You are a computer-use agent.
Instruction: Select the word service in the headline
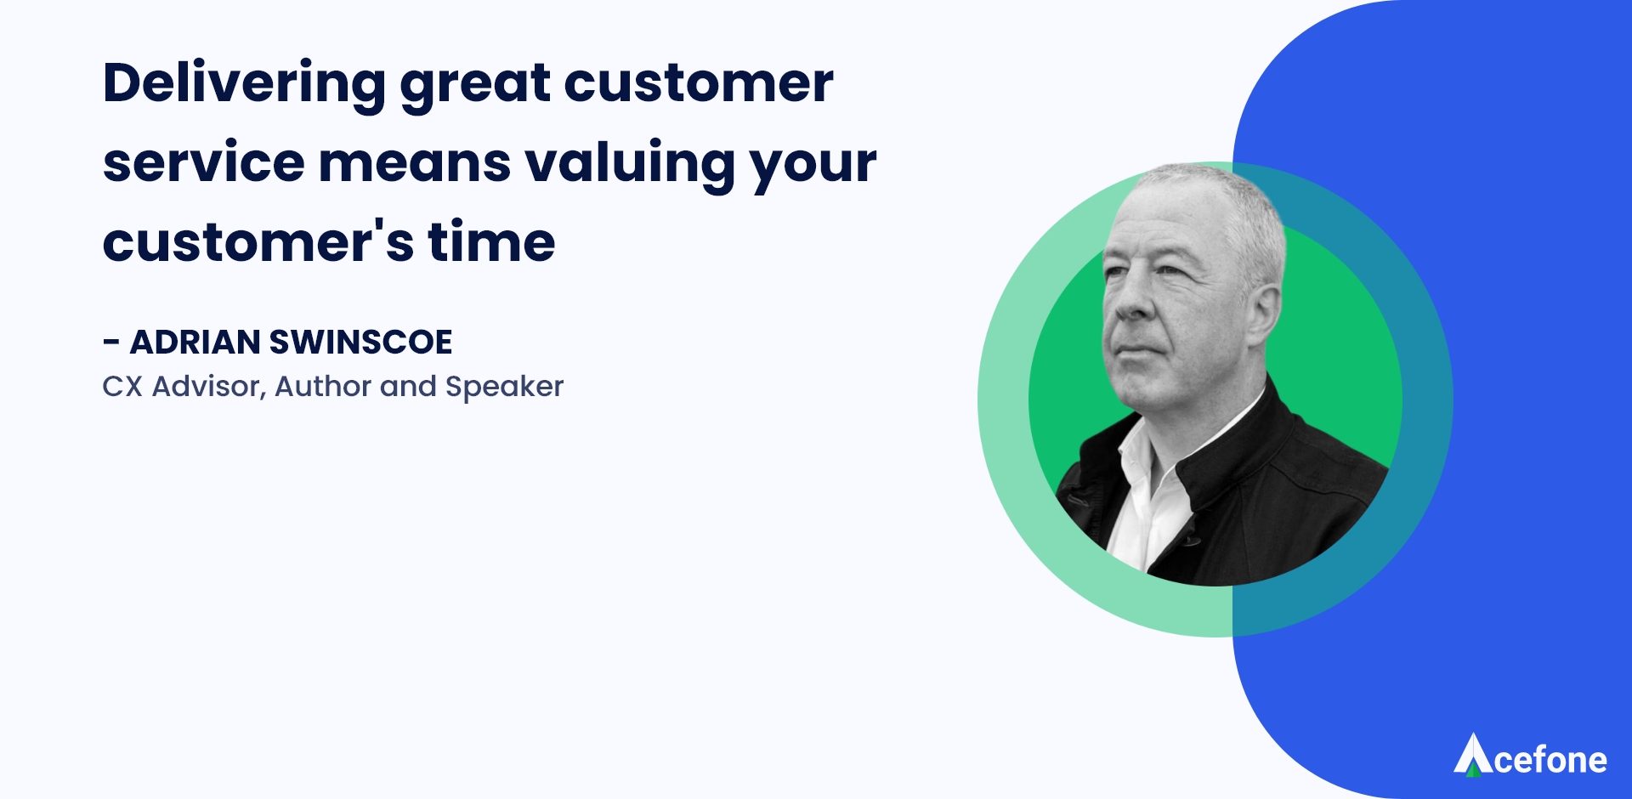(x=204, y=162)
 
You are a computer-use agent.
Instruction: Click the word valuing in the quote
(x=630, y=165)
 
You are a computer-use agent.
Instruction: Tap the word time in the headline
(x=491, y=242)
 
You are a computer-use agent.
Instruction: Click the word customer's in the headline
(x=258, y=243)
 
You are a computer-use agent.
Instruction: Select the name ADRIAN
(x=195, y=342)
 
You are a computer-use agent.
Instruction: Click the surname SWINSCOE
(x=360, y=342)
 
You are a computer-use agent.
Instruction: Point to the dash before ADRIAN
(x=111, y=343)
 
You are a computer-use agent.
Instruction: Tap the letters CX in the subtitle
(x=122, y=387)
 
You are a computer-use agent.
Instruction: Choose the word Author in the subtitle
(x=323, y=387)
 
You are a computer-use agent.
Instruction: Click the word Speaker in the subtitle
(x=504, y=388)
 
